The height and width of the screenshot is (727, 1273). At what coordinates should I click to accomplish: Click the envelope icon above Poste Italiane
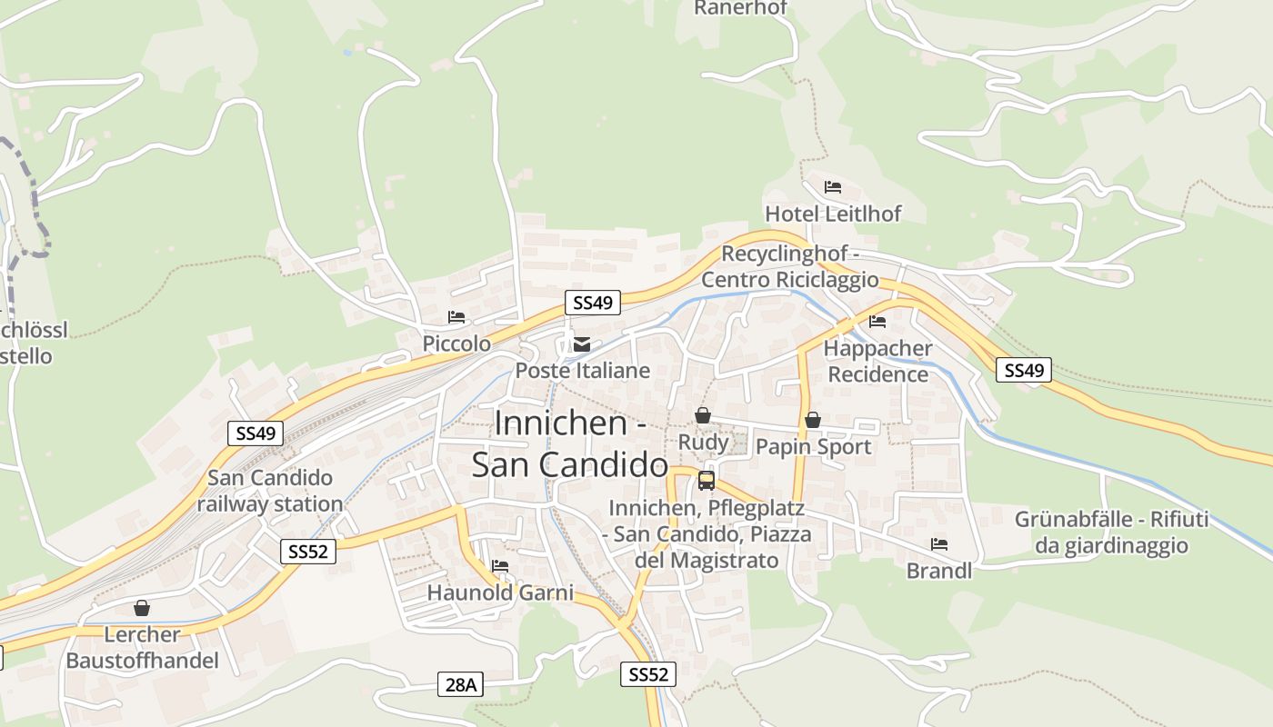click(582, 344)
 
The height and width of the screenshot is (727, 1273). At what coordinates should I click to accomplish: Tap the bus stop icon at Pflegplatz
click(707, 481)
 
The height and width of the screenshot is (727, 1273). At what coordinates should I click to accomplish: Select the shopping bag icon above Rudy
click(703, 415)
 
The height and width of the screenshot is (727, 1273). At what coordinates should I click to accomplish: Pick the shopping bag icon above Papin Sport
click(813, 420)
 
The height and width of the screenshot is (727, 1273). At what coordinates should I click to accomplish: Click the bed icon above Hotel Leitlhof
click(832, 187)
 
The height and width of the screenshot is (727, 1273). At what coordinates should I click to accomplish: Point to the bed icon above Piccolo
click(456, 317)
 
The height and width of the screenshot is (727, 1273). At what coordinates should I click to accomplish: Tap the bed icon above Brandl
click(939, 544)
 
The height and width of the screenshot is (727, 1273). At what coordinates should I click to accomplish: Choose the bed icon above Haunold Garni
click(500, 566)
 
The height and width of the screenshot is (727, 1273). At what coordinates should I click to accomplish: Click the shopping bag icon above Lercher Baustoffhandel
click(142, 608)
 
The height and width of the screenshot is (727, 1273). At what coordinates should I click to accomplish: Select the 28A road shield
click(461, 684)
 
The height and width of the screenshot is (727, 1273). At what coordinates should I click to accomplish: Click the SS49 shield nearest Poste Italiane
click(592, 303)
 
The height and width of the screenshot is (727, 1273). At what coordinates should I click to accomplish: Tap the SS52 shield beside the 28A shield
click(649, 674)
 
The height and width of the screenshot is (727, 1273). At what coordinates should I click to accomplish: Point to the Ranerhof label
click(740, 8)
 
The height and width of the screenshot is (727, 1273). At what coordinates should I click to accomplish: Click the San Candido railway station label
click(270, 491)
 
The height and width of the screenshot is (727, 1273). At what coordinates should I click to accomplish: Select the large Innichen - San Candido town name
click(570, 443)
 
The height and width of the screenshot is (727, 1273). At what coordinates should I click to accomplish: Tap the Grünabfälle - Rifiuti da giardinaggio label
click(1111, 533)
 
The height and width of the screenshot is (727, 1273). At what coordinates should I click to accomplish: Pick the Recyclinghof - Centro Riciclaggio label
click(789, 266)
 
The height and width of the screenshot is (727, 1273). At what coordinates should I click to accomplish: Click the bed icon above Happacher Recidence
click(877, 322)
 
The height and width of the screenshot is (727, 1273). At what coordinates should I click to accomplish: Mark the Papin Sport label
click(813, 446)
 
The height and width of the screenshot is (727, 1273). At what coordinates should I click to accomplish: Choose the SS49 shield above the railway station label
click(256, 433)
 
